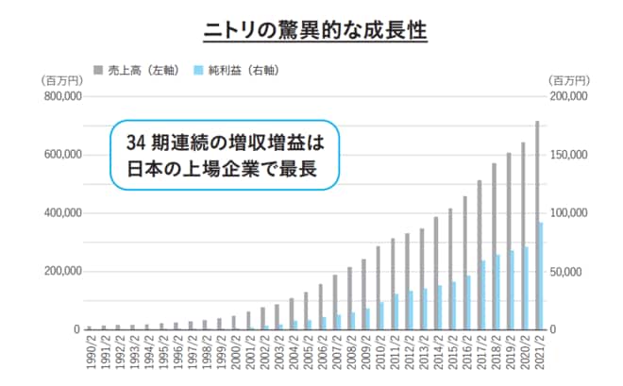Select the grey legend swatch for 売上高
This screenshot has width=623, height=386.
(98, 69)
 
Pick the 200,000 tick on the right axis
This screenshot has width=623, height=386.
(568, 96)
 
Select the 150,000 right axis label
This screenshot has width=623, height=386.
(568, 155)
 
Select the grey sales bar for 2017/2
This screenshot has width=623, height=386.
(480, 255)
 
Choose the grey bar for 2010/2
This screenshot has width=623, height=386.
(379, 288)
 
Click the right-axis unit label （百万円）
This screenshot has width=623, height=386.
(566, 80)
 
